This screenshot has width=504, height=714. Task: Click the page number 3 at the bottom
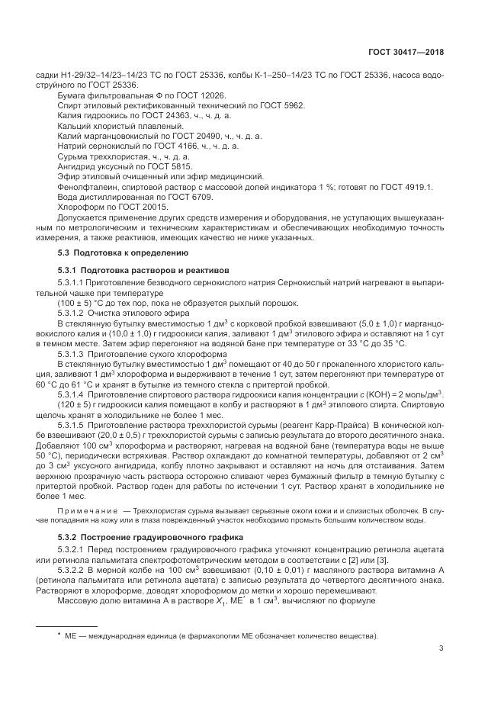441,648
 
